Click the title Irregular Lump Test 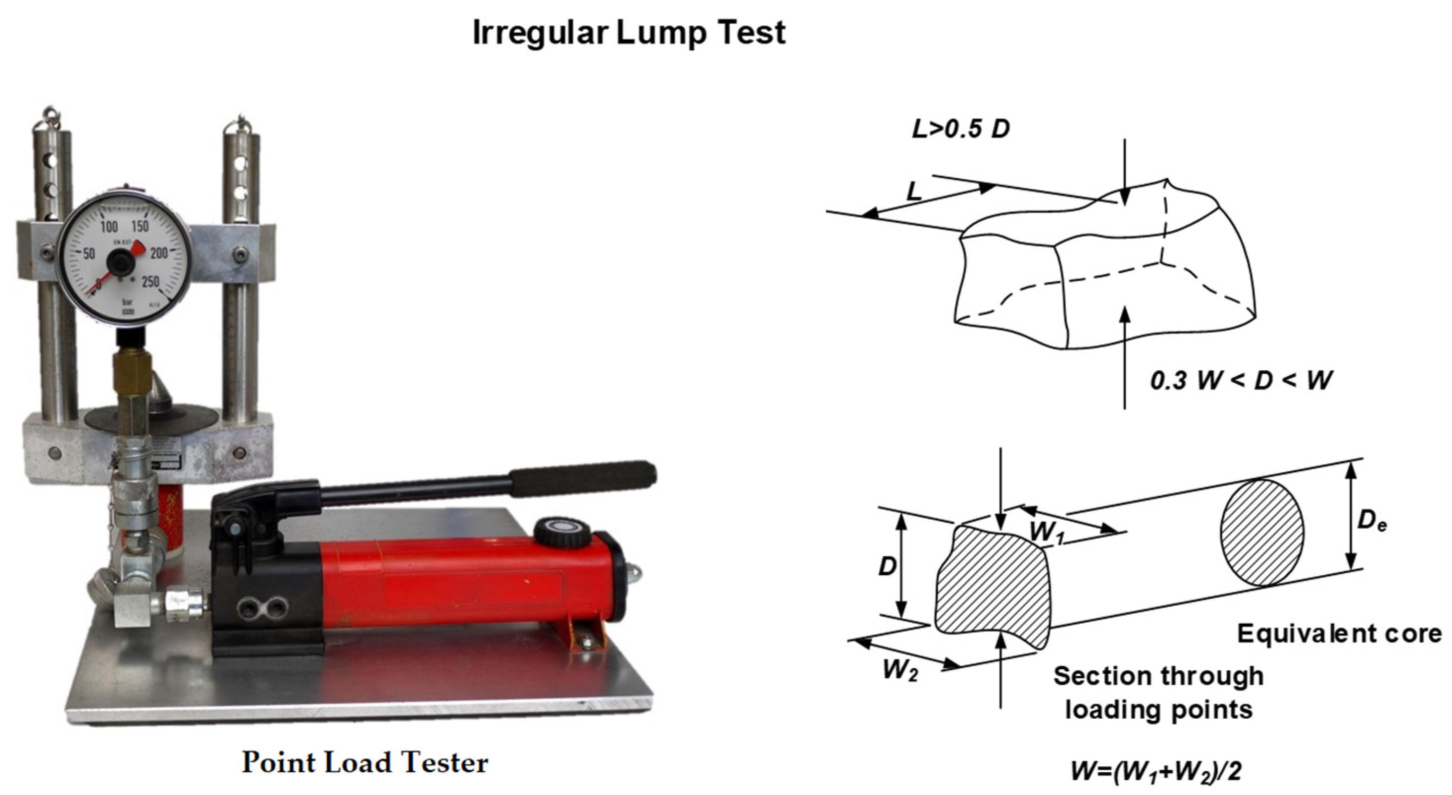629,33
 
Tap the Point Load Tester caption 365,763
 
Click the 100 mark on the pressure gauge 109,227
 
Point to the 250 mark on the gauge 150,281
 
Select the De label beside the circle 1371,521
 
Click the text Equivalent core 1339,634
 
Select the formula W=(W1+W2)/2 1156,771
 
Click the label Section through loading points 1158,693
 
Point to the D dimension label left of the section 887,566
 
